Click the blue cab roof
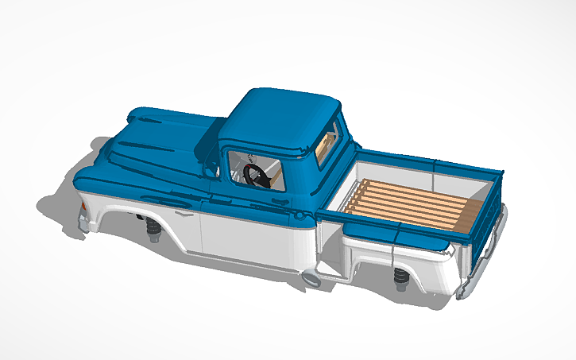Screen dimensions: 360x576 [x=278, y=115]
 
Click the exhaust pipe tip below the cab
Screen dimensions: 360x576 [x=312, y=278]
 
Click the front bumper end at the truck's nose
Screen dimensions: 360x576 [x=82, y=219]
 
